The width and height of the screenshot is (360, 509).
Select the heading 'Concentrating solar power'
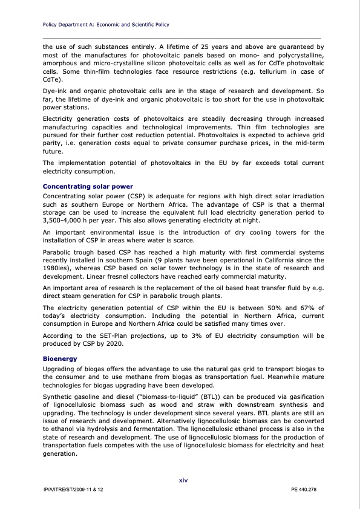click(88, 186)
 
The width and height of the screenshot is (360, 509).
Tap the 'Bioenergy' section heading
click(61, 358)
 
